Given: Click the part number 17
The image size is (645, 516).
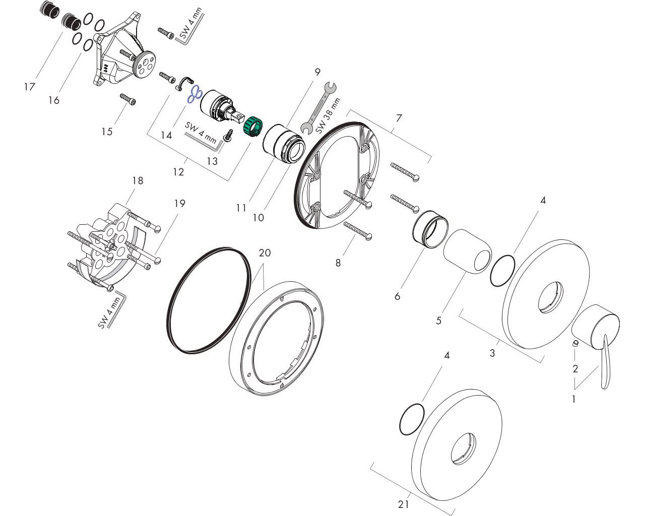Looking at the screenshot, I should coord(29,87).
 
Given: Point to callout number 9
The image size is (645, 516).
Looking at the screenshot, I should coord(317,72).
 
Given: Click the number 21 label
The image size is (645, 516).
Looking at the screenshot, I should coord(404,504).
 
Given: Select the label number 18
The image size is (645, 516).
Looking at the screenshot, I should coord(138,180).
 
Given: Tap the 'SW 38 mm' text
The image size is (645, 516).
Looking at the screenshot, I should coord(329,116).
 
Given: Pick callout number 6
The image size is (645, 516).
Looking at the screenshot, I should coord(398,296).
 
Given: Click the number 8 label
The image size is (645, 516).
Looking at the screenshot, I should coord(338,263).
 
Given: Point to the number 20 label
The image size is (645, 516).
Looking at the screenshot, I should coord(265,252).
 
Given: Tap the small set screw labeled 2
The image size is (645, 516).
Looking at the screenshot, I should coord(574,344).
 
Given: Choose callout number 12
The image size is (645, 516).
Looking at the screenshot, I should coord(178,172).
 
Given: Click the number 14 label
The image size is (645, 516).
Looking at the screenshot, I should coord(166,135).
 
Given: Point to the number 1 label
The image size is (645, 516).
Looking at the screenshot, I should coord(573,399).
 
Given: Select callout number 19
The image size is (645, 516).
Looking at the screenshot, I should coord(180,204).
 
